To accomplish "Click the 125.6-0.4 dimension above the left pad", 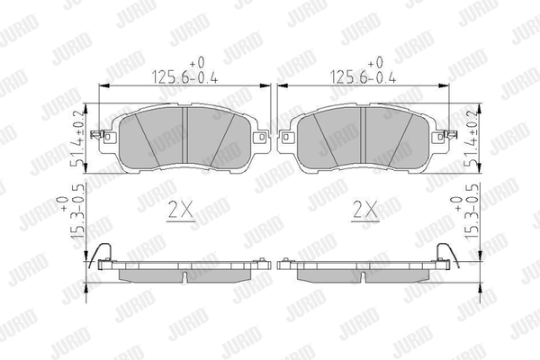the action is pos(184,77).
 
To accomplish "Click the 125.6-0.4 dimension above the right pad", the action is pos(363,77).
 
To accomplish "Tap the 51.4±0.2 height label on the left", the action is pos(77,139).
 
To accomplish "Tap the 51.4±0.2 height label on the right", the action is pos(472,139).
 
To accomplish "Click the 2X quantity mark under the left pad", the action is pos(181,209).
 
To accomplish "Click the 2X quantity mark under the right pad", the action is pos(365,209).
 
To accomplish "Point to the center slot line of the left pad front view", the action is pos(186,134).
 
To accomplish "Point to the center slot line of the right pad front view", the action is pos(363,134).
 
